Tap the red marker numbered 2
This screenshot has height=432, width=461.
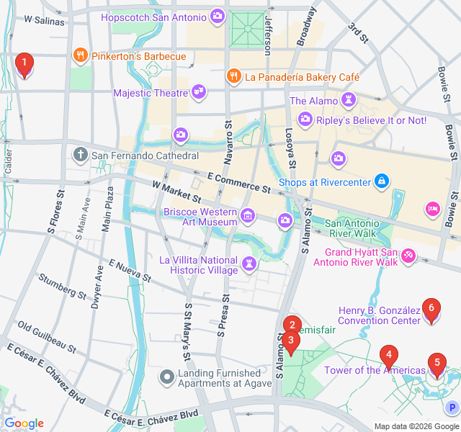pos(291,325)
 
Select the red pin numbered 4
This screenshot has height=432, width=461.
pos(389,354)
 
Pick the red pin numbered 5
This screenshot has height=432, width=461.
pos(436,363)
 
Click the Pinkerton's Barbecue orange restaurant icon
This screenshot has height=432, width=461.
pos(80,55)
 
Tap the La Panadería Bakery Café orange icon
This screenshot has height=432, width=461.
pos(233,76)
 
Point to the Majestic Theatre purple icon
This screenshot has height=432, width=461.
pos(199,91)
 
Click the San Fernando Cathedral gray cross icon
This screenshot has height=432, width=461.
pos(80,154)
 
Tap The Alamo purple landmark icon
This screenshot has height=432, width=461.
pos(349,100)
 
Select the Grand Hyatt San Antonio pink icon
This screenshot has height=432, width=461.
pos(408,256)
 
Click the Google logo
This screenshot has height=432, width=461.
pos(24,423)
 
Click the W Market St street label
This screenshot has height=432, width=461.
pos(176,192)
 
